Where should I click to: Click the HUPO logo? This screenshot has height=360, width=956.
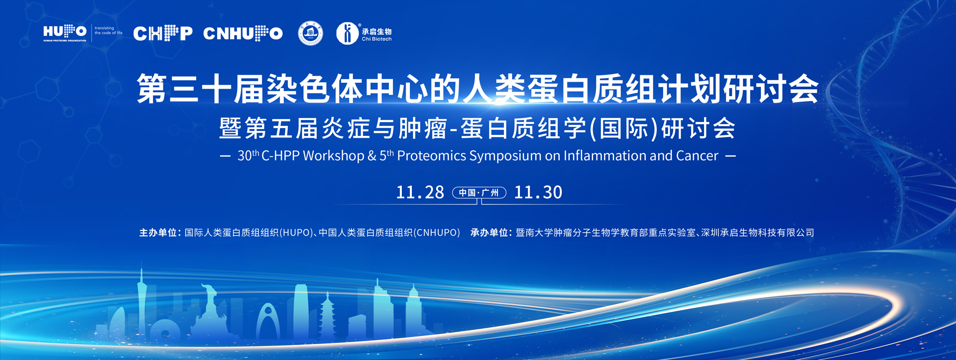tap(65, 33)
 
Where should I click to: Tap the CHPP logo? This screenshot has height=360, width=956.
tap(163, 33)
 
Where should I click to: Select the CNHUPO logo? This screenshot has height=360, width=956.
tap(243, 33)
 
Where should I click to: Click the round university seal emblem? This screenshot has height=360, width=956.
tap(310, 33)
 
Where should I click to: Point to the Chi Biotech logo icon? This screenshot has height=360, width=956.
tap(348, 33)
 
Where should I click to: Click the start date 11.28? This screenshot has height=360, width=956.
tap(420, 192)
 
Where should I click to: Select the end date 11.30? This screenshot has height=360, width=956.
tap(538, 192)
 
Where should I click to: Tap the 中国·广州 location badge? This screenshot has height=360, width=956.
tap(479, 193)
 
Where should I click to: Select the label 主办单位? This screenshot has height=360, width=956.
tap(158, 233)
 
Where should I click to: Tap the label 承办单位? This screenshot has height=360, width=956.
tap(489, 233)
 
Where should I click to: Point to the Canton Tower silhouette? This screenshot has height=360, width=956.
tap(142, 304)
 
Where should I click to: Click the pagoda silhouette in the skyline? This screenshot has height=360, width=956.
tap(327, 316)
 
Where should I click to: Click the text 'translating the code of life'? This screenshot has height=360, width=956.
tap(109, 30)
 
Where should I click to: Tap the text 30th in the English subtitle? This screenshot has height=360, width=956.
tap(248, 155)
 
